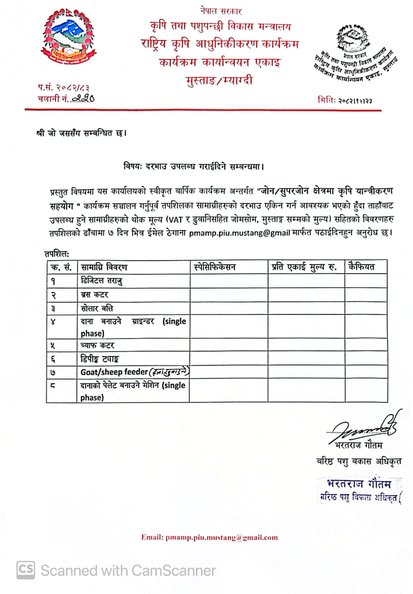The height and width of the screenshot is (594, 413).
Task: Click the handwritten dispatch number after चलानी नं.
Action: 83,98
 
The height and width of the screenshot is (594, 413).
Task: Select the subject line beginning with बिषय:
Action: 194,166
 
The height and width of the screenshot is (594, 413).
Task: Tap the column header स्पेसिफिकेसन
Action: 215,267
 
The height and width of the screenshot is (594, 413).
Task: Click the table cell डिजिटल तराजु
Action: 102,281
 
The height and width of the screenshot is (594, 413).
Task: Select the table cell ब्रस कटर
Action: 94,295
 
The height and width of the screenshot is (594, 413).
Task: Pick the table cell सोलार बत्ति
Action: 97,308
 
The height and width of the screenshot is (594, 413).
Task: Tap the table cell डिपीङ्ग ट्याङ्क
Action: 99,359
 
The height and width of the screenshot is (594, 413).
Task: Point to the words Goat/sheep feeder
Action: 114,372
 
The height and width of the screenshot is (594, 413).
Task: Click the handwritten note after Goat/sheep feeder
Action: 169,372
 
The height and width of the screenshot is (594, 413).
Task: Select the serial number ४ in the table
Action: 53,322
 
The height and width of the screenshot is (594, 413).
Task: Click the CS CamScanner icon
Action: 26,570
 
